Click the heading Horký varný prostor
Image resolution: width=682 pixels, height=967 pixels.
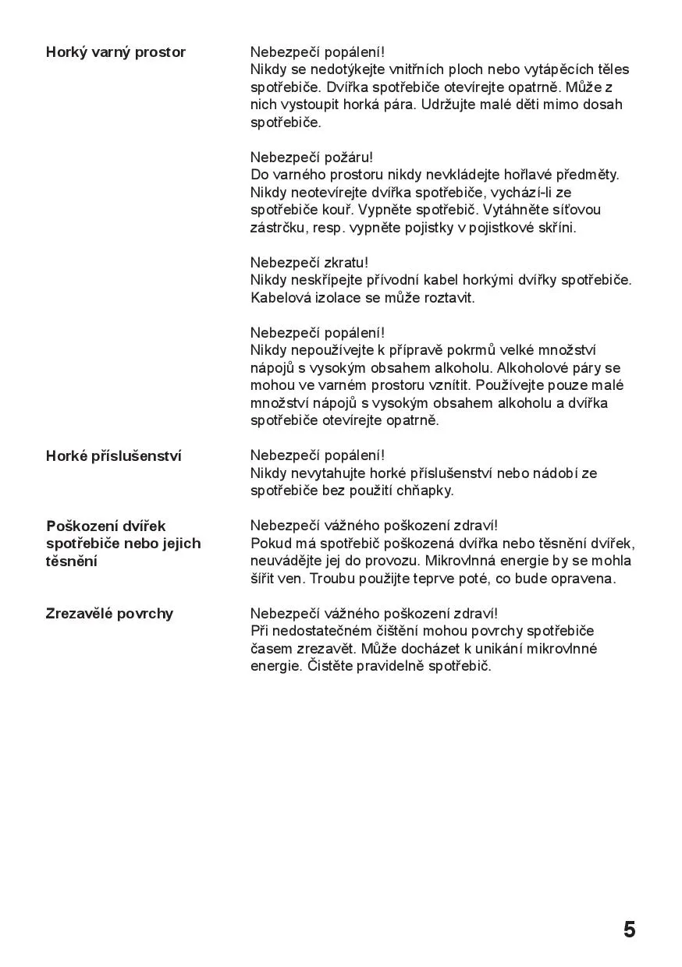[115, 52]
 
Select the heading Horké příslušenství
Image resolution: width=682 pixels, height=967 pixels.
[113, 456]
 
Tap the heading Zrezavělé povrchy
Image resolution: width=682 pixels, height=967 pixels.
[109, 614]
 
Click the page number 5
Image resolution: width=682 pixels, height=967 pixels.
[629, 930]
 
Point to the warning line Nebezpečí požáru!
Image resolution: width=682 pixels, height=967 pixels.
[311, 158]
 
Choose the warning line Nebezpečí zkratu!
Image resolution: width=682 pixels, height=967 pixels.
[309, 263]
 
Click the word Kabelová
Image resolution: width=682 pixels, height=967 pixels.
[280, 298]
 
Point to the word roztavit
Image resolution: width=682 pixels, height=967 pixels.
[449, 298]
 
